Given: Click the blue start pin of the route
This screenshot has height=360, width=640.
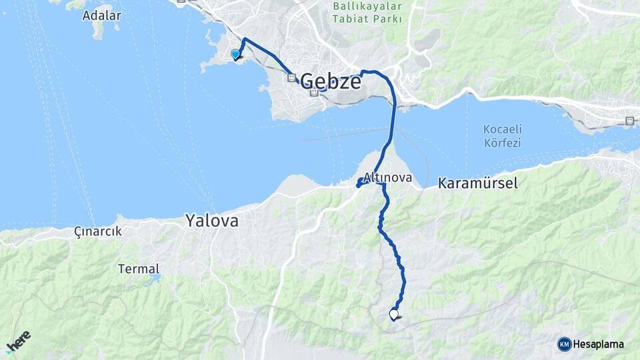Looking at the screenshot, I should (235, 55).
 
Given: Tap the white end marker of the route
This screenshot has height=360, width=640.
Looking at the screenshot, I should (393, 314).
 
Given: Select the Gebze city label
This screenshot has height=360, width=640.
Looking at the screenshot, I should (331, 81).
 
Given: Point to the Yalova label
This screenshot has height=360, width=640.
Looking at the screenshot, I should (211, 220).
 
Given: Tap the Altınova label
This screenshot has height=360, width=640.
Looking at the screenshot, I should (387, 179).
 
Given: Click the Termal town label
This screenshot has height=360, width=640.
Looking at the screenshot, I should (139, 269).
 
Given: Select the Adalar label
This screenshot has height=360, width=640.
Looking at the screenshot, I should (101, 15).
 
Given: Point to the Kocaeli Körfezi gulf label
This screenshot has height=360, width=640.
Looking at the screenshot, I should (502, 135).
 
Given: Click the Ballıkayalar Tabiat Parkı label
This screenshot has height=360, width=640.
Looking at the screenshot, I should (368, 13).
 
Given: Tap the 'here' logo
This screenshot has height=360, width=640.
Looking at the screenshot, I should (18, 341).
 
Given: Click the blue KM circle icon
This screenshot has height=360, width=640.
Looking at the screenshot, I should (564, 344).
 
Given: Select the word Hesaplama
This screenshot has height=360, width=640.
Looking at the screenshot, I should (598, 344).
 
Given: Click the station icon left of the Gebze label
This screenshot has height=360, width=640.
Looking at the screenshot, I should (291, 77).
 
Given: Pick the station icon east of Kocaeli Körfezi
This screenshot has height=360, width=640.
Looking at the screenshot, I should (629, 121).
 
